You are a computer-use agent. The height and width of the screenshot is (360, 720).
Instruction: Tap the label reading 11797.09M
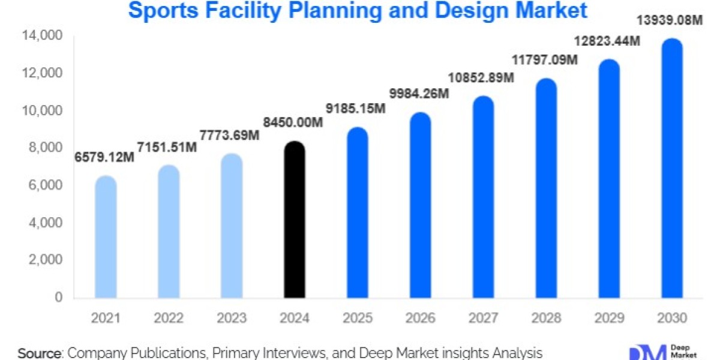click(545, 59)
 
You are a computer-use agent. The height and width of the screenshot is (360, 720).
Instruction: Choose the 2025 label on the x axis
click(357, 318)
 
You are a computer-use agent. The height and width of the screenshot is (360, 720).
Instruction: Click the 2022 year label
click(169, 318)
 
